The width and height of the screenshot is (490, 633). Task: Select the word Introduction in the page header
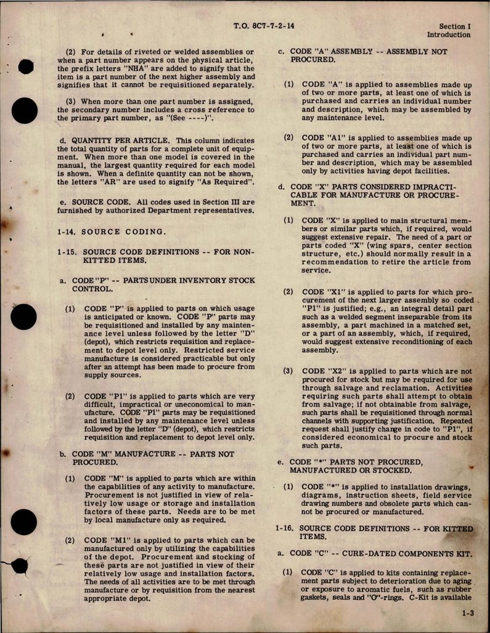[x=449, y=35]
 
